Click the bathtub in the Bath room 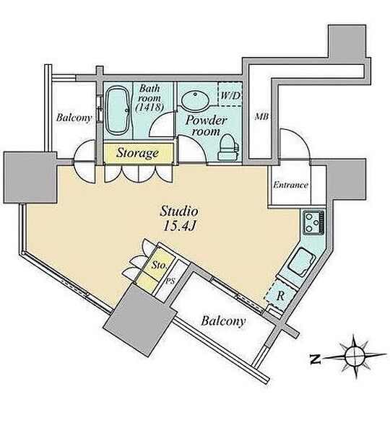coord(118,111)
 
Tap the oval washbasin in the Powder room coord(195,101)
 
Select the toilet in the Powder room coord(228,148)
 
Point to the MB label coord(261,117)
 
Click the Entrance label coord(290,185)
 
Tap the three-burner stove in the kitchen coord(313,222)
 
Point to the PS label coord(170,281)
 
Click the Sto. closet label coord(160,266)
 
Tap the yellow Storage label coord(137,153)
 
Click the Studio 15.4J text coord(179,219)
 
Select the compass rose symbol coord(355,357)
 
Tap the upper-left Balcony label coord(74,118)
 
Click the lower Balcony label coord(223,321)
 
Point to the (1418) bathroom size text coord(149,108)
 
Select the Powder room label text coord(206,126)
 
